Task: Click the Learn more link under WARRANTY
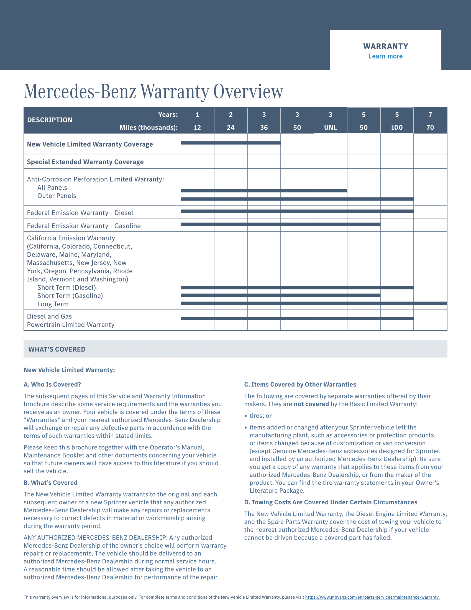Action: [x=385, y=56]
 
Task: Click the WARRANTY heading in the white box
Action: [x=386, y=46]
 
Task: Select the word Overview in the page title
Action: [x=248, y=91]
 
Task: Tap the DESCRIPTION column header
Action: [x=50, y=120]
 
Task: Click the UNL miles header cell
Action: [x=330, y=127]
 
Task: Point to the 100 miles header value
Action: [x=396, y=127]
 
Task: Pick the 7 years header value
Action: [x=430, y=115]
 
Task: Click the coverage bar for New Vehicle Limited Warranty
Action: [x=231, y=143]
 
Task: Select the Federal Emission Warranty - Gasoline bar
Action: [x=280, y=224]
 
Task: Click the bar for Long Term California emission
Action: [x=314, y=303]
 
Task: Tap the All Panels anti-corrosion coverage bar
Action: [x=264, y=190]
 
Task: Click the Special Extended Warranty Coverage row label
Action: [x=85, y=162]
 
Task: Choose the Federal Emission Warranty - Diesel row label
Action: [x=80, y=213]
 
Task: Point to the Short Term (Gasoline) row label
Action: [x=70, y=296]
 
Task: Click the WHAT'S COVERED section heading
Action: [x=57, y=349]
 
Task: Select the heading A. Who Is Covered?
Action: [x=52, y=384]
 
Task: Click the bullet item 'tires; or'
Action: [x=260, y=416]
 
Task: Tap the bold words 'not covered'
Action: [x=311, y=404]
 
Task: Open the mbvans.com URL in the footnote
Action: [x=372, y=597]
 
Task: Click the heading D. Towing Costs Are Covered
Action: [x=331, y=502]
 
